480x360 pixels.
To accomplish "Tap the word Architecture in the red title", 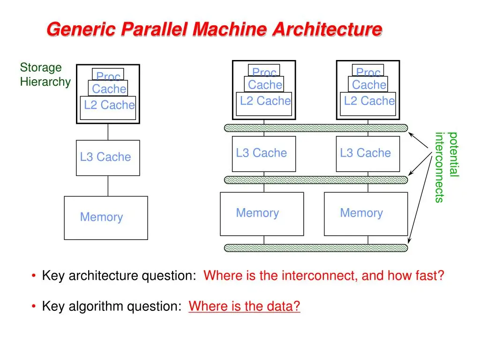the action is (x=327, y=30).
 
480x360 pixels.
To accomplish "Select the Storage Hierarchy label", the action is (x=45, y=75).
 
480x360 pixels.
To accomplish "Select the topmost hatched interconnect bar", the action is (x=316, y=128).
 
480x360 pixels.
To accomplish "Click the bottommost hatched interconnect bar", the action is (x=316, y=248).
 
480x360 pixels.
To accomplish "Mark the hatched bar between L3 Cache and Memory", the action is (x=316, y=180).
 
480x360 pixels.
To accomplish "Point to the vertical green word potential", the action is (x=453, y=154).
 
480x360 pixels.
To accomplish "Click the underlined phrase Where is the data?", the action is (x=244, y=306).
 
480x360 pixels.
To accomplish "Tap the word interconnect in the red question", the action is (x=320, y=276).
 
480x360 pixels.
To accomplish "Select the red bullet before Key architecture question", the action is (x=34, y=276).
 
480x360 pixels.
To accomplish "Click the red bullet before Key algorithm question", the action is (x=34, y=306).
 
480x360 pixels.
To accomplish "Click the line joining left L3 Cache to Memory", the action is (x=108, y=186).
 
